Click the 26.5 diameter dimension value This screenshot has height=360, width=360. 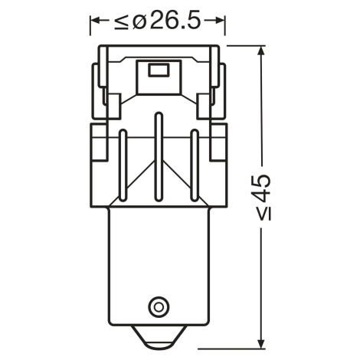175,21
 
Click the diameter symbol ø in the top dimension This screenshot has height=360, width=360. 139,21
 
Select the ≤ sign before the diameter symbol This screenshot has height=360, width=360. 121,21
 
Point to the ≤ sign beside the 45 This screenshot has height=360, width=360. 262,213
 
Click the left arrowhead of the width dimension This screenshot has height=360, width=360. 95,21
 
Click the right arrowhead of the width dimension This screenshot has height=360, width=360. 220,21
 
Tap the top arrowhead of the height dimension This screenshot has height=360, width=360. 260,51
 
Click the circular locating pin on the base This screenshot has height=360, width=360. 159,306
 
